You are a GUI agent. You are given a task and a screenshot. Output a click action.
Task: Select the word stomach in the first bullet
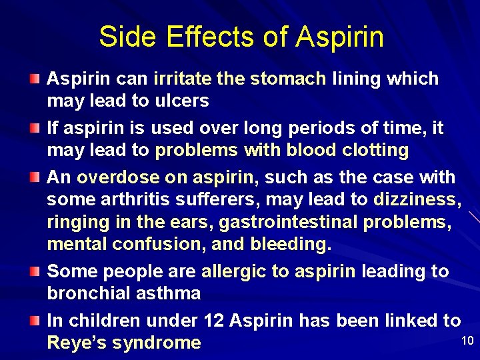(288, 79)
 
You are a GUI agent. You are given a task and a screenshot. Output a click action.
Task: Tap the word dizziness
(414, 200)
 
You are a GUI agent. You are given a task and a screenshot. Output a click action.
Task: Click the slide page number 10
(467, 341)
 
